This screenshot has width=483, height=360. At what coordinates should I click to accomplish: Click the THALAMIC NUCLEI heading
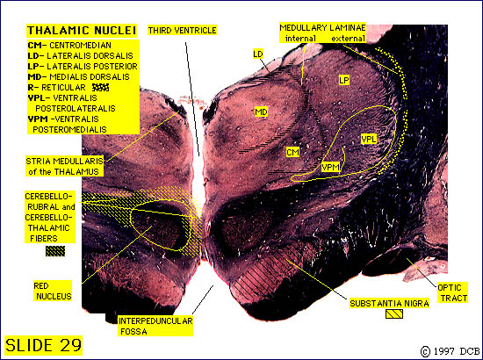click(x=82, y=31)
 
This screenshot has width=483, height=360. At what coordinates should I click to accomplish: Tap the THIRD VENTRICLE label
click(x=182, y=30)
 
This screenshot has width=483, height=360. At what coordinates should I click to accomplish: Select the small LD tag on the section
click(x=258, y=54)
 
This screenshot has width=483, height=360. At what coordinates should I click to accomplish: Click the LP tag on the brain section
click(x=344, y=81)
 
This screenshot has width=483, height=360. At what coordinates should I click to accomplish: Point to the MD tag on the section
click(x=261, y=112)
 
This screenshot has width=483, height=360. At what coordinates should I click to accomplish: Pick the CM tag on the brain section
click(x=292, y=152)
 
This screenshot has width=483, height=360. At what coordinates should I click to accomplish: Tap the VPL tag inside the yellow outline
click(x=369, y=140)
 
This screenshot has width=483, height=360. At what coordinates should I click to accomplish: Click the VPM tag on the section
click(x=330, y=167)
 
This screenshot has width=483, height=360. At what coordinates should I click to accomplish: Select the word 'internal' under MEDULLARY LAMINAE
click(x=300, y=39)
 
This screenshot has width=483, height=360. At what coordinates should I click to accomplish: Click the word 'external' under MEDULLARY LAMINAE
click(x=348, y=39)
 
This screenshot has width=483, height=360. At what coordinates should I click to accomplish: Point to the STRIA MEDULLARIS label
click(x=65, y=166)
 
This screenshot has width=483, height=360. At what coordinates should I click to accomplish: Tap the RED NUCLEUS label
click(x=53, y=291)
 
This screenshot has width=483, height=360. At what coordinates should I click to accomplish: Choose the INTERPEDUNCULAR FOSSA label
click(x=155, y=326)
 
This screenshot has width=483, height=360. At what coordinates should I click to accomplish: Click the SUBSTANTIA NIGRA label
click(x=389, y=304)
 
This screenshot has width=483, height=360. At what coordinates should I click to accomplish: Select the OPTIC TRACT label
click(x=452, y=293)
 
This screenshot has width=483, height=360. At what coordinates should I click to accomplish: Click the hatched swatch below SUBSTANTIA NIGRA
click(x=394, y=313)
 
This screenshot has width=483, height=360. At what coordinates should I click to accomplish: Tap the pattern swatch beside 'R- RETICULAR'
click(x=101, y=88)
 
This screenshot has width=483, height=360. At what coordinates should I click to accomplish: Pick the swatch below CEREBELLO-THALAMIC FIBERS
click(x=55, y=251)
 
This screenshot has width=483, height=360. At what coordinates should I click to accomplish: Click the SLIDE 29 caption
click(x=43, y=345)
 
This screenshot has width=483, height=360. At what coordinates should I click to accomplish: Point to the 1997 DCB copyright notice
click(x=450, y=351)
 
